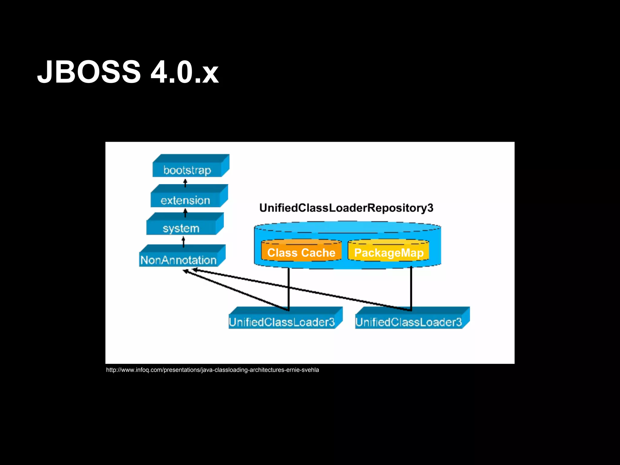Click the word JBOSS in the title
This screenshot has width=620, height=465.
click(89, 72)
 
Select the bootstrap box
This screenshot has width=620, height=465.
click(187, 170)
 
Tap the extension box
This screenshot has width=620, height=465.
click(185, 200)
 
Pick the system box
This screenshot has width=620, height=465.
click(181, 228)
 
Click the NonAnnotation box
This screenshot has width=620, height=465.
click(179, 260)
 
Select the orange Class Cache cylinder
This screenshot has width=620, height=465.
click(301, 251)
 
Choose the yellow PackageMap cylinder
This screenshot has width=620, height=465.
click(388, 251)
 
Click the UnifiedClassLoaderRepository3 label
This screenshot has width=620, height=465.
click(346, 208)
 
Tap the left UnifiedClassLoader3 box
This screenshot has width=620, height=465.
click(282, 322)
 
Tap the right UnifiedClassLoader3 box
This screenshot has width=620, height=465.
click(409, 322)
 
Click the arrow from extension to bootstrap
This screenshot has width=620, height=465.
click(185, 183)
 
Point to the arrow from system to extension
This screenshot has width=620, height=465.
click(185, 213)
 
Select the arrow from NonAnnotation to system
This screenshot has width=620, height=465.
click(183, 242)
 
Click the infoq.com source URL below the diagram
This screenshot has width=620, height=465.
click(213, 370)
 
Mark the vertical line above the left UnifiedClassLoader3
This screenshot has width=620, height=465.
click(289, 288)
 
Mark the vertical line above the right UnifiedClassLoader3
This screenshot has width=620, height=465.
click(411, 288)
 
